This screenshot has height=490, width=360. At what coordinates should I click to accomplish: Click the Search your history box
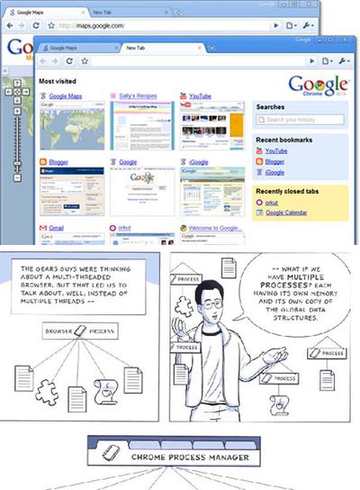tap(301, 119)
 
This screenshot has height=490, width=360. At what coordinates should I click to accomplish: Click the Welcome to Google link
tap(216, 230)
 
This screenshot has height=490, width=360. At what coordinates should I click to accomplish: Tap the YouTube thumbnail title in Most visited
tap(200, 95)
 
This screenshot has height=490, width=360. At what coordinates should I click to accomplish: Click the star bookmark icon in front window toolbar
tap(84, 60)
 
